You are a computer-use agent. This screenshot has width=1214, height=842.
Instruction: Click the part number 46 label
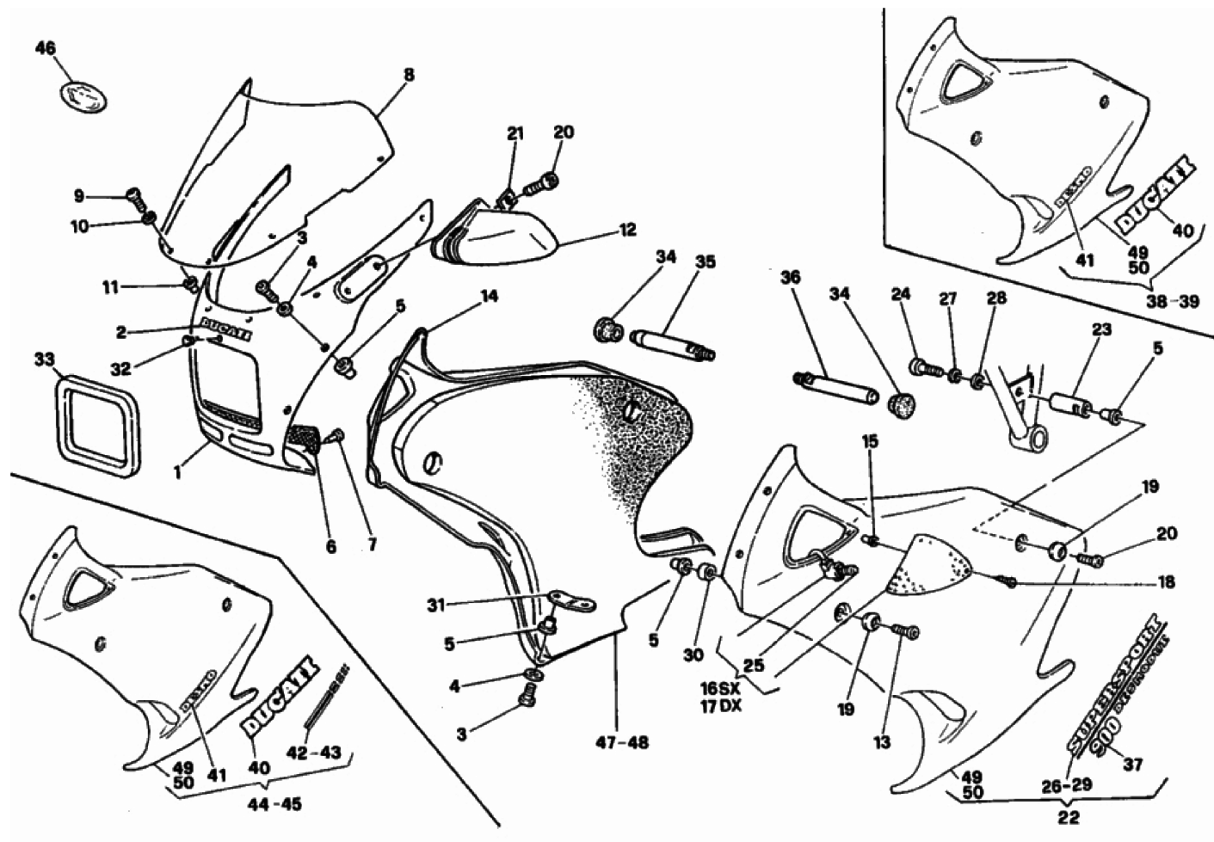pyautogui.click(x=45, y=48)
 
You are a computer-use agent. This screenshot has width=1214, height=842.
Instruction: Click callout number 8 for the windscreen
pyautogui.click(x=409, y=75)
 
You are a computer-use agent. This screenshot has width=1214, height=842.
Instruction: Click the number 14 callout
pyautogui.click(x=488, y=297)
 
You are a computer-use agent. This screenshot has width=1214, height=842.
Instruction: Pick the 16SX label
pyautogui.click(x=721, y=689)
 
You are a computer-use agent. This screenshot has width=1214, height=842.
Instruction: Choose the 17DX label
pyautogui.click(x=721, y=707)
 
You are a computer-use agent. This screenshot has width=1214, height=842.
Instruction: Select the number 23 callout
pyautogui.click(x=1102, y=329)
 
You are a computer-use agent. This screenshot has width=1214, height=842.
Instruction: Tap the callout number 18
pyautogui.click(x=1166, y=583)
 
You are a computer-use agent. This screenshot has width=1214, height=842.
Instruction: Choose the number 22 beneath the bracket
pyautogui.click(x=1069, y=817)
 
